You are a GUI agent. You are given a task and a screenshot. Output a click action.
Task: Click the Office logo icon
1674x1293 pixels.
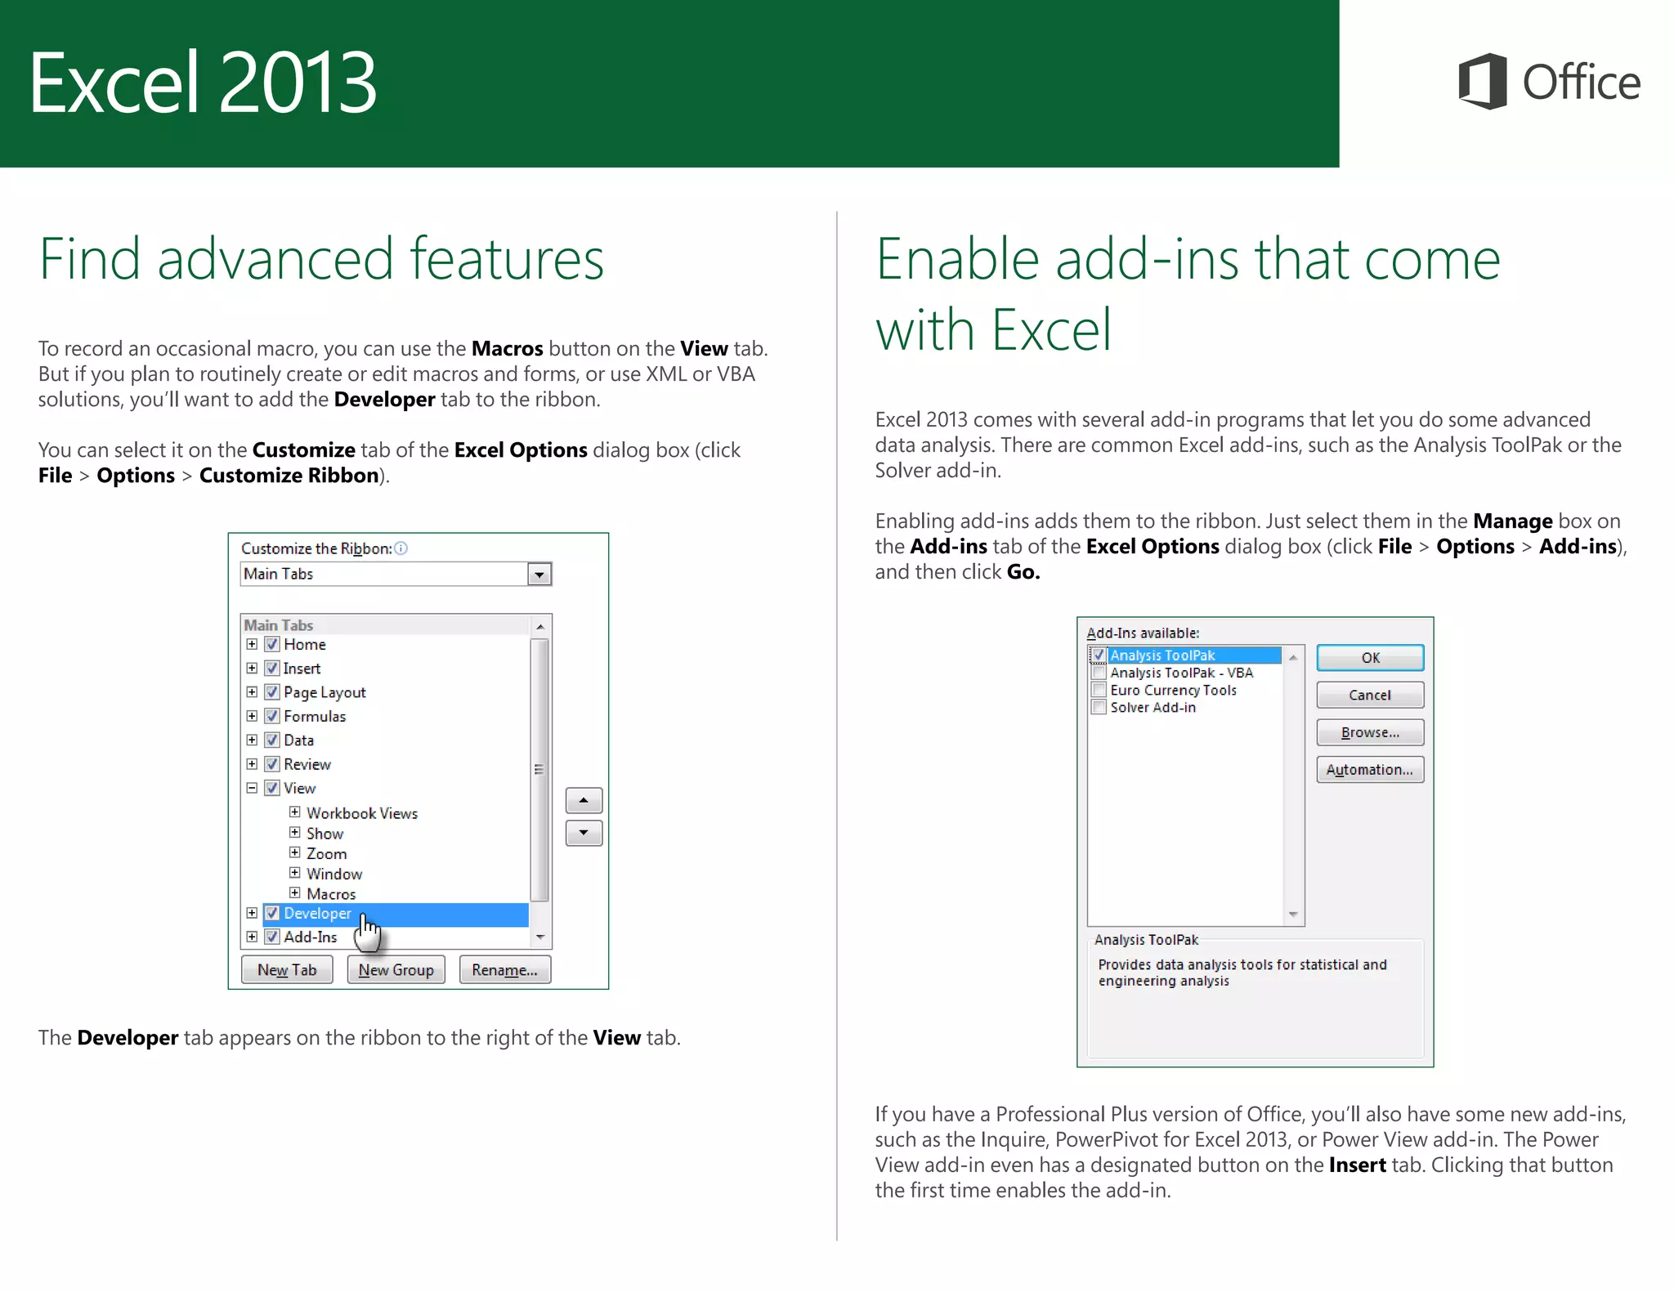pyautogui.click(x=1483, y=81)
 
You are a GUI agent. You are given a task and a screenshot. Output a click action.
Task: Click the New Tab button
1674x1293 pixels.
pyautogui.click(x=287, y=969)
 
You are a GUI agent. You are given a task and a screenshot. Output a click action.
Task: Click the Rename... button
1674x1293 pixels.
pyautogui.click(x=504, y=969)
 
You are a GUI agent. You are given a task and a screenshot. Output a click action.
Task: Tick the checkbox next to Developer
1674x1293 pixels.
pyautogui.click(x=273, y=913)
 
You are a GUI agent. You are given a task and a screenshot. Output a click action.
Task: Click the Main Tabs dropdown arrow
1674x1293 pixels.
pyautogui.click(x=539, y=574)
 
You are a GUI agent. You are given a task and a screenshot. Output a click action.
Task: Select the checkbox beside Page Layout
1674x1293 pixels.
pyautogui.click(x=273, y=692)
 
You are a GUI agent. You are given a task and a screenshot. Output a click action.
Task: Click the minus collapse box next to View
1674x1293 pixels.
pyautogui.click(x=252, y=788)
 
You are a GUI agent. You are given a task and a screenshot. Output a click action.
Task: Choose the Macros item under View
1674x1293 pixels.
pyautogui.click(x=331, y=894)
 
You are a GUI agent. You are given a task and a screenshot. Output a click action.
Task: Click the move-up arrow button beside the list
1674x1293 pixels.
pyautogui.click(x=584, y=800)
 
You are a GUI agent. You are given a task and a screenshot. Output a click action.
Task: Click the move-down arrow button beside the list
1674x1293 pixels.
pyautogui.click(x=584, y=833)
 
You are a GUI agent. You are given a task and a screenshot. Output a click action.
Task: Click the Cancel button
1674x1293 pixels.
pyautogui.click(x=1369, y=695)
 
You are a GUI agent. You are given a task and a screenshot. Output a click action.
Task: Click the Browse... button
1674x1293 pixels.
pyautogui.click(x=1369, y=732)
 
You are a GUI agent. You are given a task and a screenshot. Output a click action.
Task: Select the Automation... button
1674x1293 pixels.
pyautogui.click(x=1369, y=769)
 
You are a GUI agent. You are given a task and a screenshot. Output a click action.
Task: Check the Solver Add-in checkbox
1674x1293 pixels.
pyautogui.click(x=1099, y=707)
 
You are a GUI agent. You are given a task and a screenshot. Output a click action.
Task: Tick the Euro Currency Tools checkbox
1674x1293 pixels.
pyautogui.click(x=1099, y=690)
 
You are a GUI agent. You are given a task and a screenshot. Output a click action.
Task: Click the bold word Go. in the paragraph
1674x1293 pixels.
pyautogui.click(x=1023, y=571)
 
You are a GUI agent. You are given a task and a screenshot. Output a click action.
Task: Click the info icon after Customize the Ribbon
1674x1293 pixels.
pyautogui.click(x=401, y=548)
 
